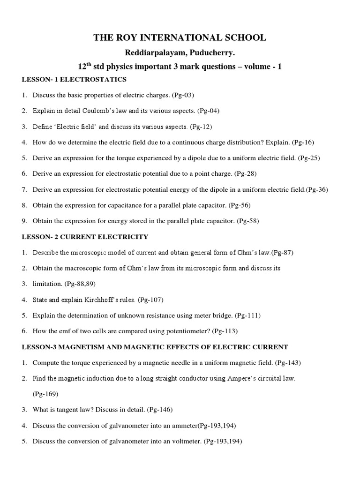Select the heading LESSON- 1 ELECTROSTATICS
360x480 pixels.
click(74, 79)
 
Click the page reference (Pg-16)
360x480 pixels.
click(305, 142)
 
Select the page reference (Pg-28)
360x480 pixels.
click(245, 174)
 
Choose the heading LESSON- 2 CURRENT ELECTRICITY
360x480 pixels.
click(85, 237)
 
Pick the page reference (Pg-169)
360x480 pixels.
click(45, 394)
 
